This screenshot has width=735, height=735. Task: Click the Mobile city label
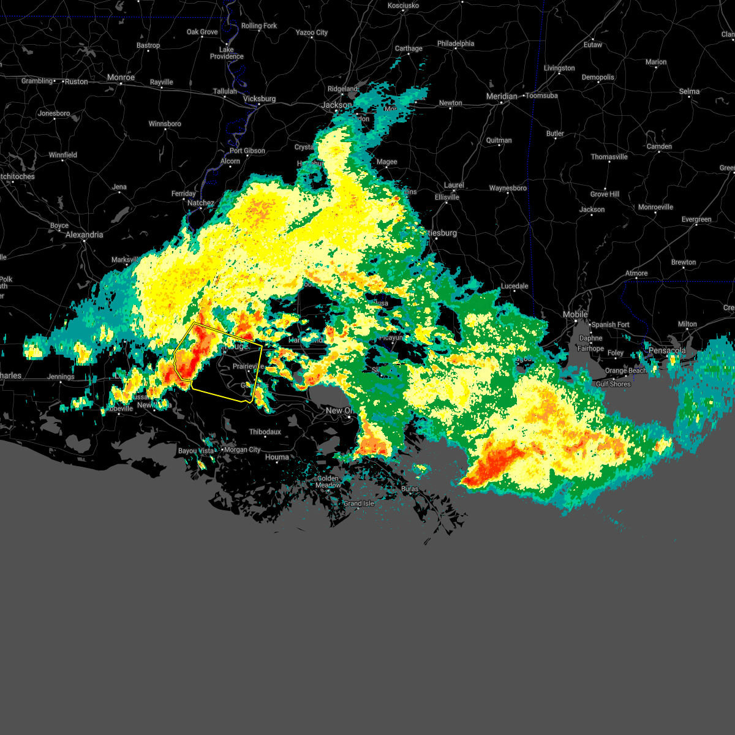(575, 314)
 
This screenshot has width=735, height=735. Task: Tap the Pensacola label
(668, 351)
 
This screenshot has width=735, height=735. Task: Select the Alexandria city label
(84, 235)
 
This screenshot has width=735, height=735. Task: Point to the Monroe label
(121, 77)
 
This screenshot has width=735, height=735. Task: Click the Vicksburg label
(259, 99)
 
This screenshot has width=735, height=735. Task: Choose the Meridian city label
(502, 96)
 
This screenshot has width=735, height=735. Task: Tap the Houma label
(277, 457)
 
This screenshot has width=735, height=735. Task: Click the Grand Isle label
(358, 503)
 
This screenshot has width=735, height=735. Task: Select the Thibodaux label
(265, 432)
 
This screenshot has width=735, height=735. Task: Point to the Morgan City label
(243, 450)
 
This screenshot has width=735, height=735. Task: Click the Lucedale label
(514, 286)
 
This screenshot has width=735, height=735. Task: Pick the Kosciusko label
(404, 6)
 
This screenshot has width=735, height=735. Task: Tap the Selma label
(689, 91)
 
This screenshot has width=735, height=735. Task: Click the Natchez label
(200, 203)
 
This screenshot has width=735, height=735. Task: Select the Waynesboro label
(508, 188)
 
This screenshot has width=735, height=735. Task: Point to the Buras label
(410, 489)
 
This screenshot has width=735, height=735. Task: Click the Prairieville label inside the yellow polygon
(248, 366)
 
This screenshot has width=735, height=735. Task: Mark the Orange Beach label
(625, 371)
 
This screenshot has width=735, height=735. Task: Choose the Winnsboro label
(165, 124)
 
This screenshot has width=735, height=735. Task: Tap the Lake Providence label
(227, 53)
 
